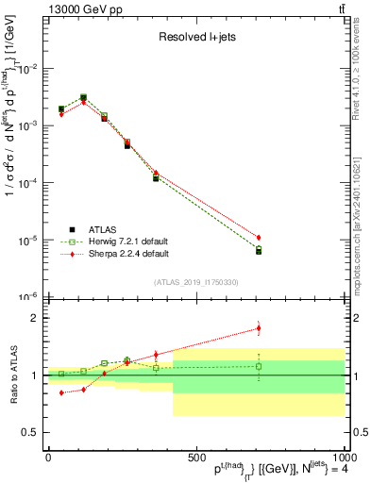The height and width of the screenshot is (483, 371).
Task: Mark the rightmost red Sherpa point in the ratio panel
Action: click(259, 328)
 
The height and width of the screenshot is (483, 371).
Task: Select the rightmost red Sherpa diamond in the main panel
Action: click(259, 238)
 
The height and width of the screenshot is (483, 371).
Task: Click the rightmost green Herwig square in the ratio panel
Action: click(259, 366)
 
